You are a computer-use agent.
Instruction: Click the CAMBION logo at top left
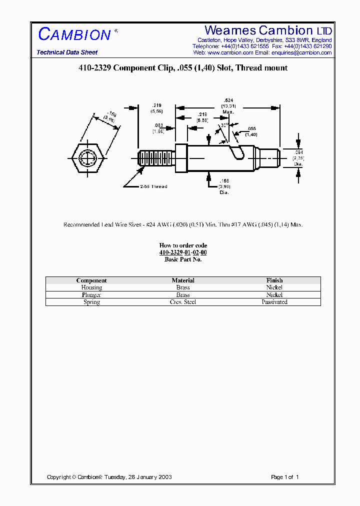[75, 34]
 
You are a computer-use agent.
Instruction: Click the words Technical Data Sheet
[67, 52]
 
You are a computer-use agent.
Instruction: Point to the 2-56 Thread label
[153, 186]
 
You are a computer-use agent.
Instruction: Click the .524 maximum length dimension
[229, 100]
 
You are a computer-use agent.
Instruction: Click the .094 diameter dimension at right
[298, 152]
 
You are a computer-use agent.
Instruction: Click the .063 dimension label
[158, 126]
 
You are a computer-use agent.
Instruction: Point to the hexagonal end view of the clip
[87, 159]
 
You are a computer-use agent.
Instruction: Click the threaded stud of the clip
[156, 158]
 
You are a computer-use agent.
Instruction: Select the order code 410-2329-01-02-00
[183, 252]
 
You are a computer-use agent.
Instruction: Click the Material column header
[183, 280]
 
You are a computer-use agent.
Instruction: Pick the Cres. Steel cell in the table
[183, 302]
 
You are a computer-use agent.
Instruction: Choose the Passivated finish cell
[274, 302]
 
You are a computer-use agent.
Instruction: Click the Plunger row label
[91, 295]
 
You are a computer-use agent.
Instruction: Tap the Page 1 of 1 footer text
[284, 477]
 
